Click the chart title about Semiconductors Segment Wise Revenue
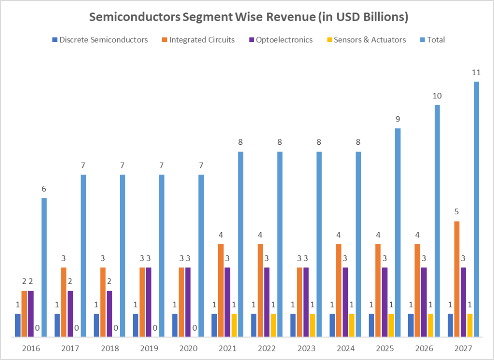(248, 17)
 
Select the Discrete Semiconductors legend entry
(100, 40)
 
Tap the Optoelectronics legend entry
(281, 40)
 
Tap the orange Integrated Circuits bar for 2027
(457, 279)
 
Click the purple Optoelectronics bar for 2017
(70, 313)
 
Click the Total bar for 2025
(398, 232)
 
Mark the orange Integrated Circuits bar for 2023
(300, 302)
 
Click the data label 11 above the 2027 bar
(477, 73)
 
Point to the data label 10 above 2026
(437, 96)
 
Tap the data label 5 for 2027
(457, 212)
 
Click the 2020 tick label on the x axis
(188, 348)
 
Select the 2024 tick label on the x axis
(345, 348)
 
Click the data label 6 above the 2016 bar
(44, 189)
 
